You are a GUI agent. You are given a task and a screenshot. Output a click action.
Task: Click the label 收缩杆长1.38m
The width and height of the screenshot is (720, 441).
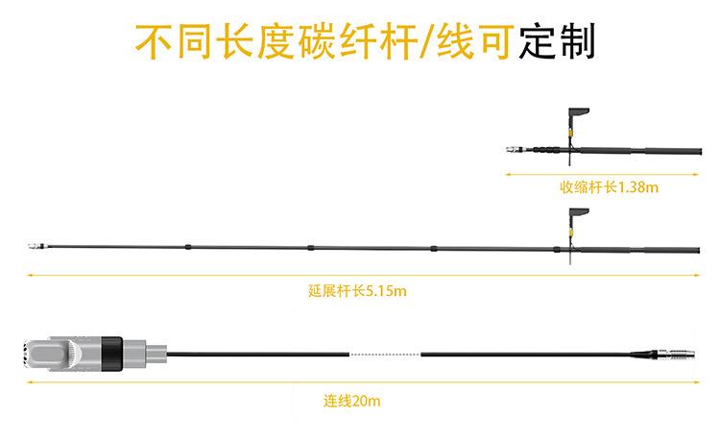(610, 187)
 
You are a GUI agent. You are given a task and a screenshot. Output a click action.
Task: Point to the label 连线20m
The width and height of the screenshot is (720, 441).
(352, 399)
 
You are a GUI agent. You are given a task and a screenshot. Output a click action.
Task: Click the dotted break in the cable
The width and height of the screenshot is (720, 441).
(384, 355)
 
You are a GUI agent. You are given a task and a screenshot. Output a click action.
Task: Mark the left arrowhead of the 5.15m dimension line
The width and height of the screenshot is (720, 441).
(30, 276)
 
